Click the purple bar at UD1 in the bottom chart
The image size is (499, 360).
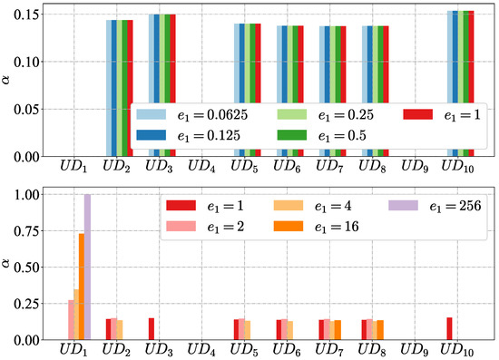88,268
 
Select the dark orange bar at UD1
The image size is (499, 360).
82,287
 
